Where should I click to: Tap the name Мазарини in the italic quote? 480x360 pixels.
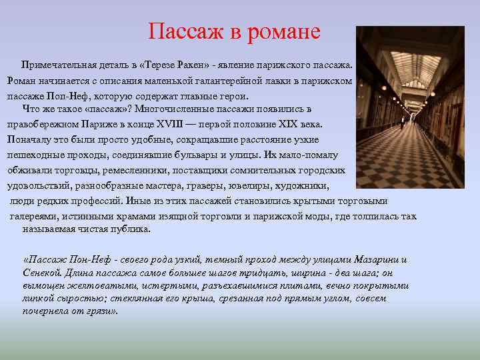(375, 259)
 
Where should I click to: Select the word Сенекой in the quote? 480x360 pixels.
(43, 273)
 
